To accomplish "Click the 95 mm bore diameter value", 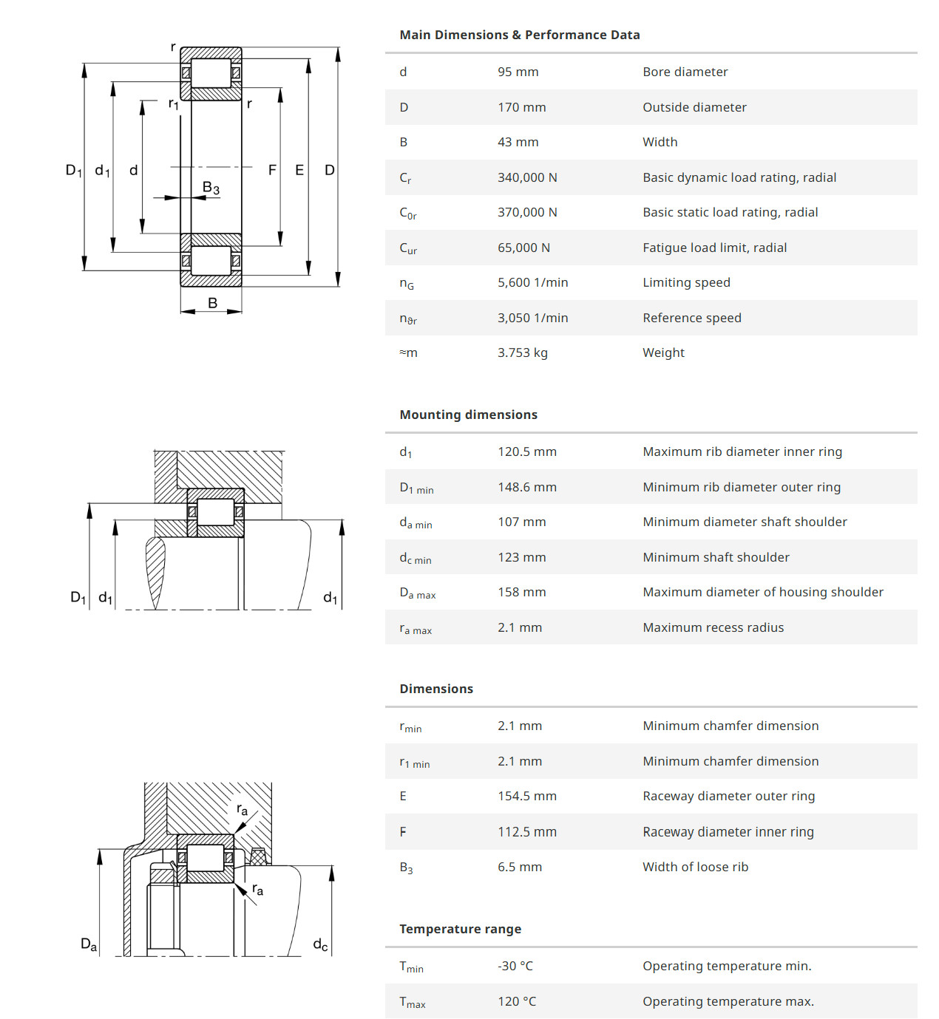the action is click(x=518, y=72).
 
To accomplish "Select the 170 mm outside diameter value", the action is click(x=521, y=107).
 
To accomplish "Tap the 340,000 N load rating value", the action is click(x=527, y=177).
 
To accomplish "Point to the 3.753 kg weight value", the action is click(x=523, y=352).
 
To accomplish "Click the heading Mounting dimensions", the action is click(x=468, y=415).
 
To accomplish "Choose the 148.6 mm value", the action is click(x=527, y=487).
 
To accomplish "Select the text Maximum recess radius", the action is click(x=713, y=627).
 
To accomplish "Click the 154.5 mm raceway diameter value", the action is click(x=527, y=796).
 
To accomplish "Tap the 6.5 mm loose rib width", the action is click(x=520, y=867).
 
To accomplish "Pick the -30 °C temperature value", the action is click(x=515, y=966).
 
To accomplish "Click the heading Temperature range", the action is click(x=460, y=929).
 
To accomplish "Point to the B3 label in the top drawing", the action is click(x=211, y=188).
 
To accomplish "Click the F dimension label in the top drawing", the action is click(x=273, y=170).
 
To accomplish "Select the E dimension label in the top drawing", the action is click(x=299, y=170).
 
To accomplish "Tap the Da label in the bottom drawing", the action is click(x=89, y=944).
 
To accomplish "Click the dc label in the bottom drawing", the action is click(x=320, y=944).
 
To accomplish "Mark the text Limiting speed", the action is click(x=686, y=282).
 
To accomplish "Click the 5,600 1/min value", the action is click(x=533, y=282).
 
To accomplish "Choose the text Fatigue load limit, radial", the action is click(x=714, y=248).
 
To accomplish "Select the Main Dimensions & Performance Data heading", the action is click(x=520, y=35).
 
